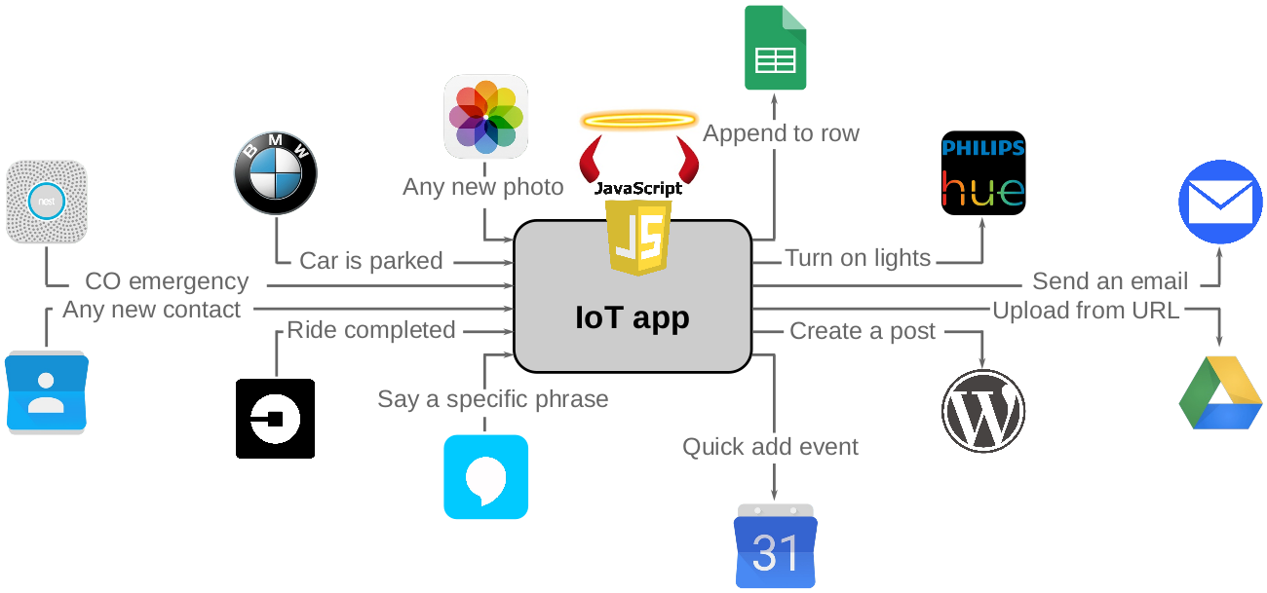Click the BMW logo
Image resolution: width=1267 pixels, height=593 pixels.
click(276, 173)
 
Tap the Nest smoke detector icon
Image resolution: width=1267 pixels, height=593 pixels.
click(47, 202)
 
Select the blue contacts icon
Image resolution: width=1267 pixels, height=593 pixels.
click(46, 391)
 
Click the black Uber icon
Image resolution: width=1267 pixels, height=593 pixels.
click(275, 419)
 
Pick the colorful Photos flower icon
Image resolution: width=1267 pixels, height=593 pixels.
click(485, 116)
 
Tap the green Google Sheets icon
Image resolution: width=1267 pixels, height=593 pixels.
click(775, 48)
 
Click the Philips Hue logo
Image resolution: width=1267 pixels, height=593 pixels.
click(982, 173)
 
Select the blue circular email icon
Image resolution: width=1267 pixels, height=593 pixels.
click(1220, 202)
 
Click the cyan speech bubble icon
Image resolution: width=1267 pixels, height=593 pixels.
click(485, 476)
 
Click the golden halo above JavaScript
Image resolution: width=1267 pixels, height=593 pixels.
click(638, 121)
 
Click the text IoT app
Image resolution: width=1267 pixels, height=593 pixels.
click(633, 317)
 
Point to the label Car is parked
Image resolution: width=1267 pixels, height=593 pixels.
click(370, 261)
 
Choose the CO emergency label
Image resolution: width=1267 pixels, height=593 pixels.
click(167, 281)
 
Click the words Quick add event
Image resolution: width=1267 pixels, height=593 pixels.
click(770, 447)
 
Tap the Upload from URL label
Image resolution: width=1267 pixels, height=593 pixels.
click(1086, 311)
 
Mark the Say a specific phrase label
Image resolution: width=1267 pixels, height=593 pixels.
click(493, 399)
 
